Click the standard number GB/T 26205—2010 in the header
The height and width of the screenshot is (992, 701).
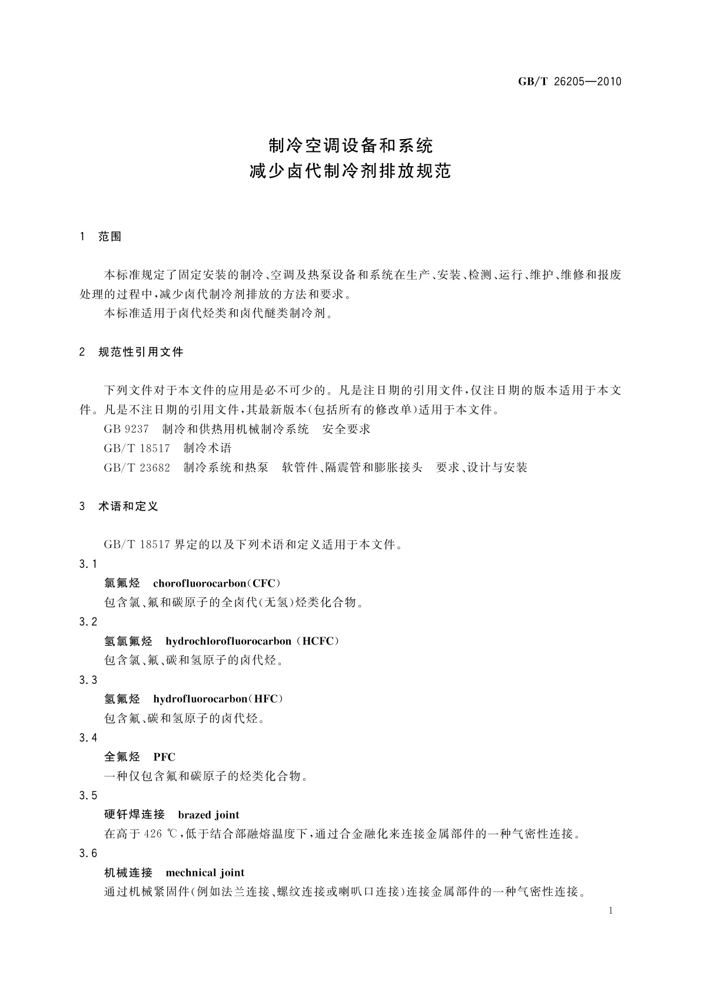(569, 82)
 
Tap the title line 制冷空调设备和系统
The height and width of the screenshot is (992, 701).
(350, 144)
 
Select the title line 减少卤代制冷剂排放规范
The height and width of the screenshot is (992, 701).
(350, 171)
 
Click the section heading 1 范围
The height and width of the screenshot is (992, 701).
(101, 237)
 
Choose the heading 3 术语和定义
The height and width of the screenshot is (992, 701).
(119, 506)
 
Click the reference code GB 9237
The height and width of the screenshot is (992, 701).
(126, 429)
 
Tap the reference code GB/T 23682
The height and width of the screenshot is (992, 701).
(137, 468)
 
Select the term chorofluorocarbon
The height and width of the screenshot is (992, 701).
(199, 583)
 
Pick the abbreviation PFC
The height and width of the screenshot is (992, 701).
(164, 757)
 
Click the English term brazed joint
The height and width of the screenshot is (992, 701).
(208, 815)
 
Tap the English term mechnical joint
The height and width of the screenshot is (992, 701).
(205, 872)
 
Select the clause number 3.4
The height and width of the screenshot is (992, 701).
(88, 738)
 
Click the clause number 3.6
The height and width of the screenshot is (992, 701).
(88, 854)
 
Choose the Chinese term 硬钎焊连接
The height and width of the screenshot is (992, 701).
(134, 815)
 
